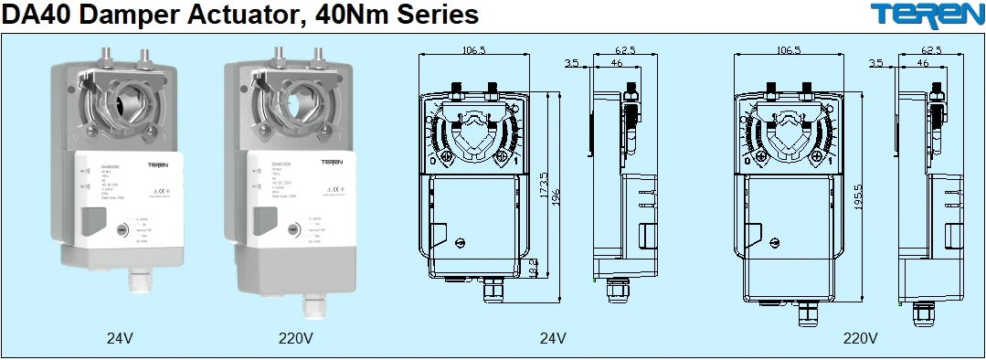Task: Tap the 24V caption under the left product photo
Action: click(120, 337)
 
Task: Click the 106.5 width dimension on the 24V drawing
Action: click(473, 50)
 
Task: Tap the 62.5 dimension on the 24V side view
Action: click(624, 50)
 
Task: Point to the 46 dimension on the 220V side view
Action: click(923, 64)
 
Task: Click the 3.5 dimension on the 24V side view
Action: click(572, 64)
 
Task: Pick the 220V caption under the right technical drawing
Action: click(860, 337)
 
